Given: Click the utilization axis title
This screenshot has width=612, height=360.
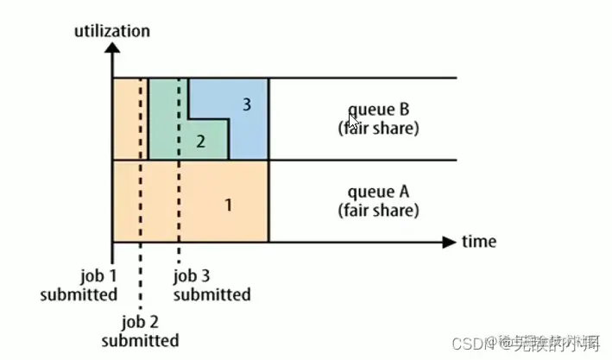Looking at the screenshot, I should pos(112,31).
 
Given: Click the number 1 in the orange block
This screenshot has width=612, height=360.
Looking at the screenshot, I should pos(228,205).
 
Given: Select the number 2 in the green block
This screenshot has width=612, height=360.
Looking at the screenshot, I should pos(200,142).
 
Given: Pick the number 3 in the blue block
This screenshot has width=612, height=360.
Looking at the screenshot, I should pos(246,104).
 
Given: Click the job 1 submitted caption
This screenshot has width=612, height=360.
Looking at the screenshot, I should pos(79,285).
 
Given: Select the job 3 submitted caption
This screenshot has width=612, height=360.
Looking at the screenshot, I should pos(211,285).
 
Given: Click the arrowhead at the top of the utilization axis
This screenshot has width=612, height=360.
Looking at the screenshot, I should pos(113,48).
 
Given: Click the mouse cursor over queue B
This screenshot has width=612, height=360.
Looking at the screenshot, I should pos(353,120).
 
